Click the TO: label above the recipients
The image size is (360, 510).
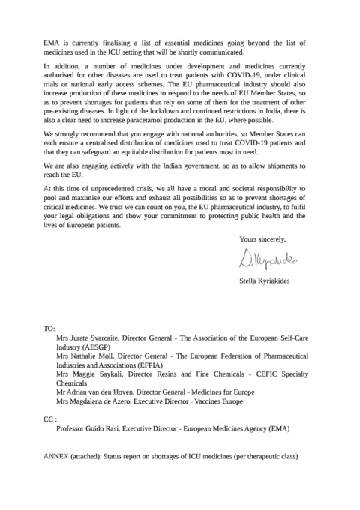click(51, 329)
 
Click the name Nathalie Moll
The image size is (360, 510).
click(98, 357)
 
